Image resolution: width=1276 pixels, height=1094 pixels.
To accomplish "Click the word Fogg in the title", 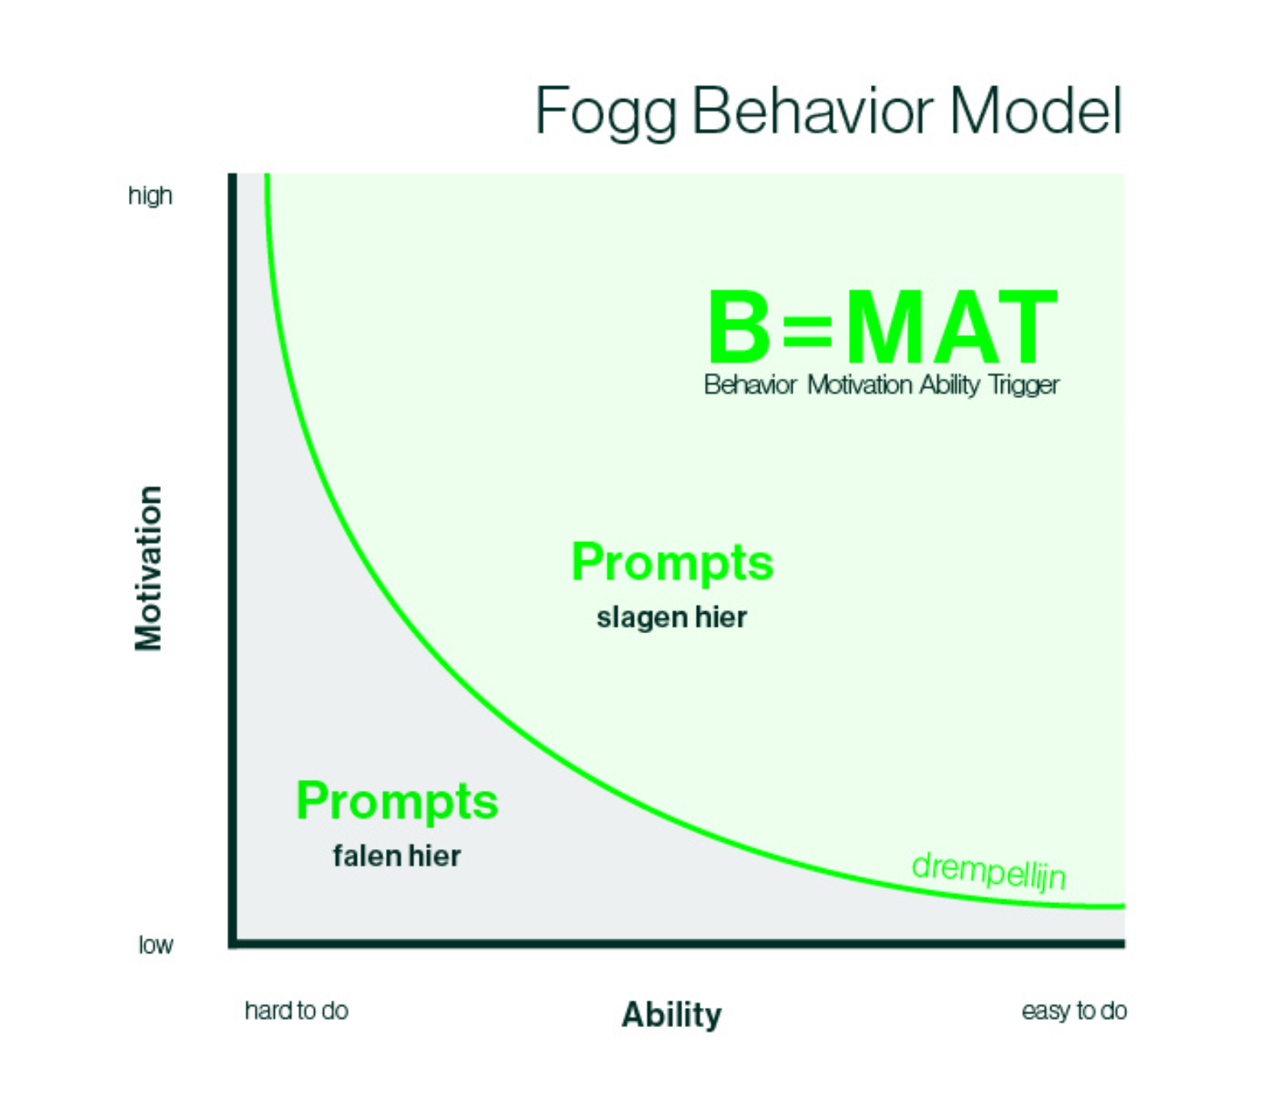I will (x=604, y=112).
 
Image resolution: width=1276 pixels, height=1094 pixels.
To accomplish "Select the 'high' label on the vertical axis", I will (x=150, y=196).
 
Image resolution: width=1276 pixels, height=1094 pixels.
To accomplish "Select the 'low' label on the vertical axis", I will (x=155, y=944).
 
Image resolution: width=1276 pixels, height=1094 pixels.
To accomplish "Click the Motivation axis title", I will (x=148, y=568).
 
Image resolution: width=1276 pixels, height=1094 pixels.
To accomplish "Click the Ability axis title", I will (x=671, y=1014).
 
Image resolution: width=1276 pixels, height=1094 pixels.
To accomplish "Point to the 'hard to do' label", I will (x=296, y=1010).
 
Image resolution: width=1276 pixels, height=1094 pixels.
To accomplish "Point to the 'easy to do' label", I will (x=1074, y=1010).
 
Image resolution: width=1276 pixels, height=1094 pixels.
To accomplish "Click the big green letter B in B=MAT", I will (x=739, y=327).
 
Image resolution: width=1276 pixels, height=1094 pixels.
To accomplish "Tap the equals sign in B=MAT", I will (x=807, y=330).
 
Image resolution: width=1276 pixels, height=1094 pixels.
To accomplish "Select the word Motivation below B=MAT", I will (x=860, y=385).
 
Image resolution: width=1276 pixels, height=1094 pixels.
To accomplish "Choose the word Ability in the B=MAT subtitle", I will (x=949, y=385).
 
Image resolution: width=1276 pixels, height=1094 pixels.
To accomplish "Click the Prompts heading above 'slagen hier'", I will (x=672, y=562).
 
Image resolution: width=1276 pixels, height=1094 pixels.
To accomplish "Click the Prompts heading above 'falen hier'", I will (x=397, y=802).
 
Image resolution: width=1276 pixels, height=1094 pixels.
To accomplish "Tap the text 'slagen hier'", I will (x=671, y=618).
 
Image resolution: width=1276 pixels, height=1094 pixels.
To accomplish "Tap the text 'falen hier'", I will (x=396, y=856).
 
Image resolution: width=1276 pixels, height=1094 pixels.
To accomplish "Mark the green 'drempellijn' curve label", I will (x=989, y=872).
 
